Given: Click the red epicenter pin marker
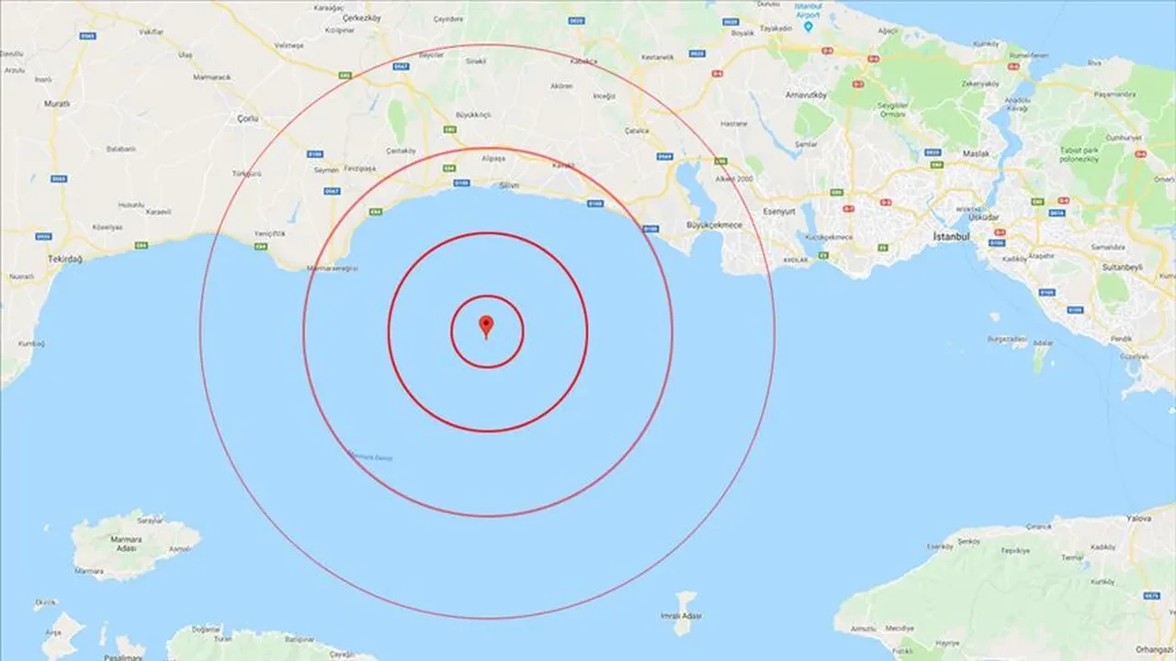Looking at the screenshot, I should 486,325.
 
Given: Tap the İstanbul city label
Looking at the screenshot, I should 951,236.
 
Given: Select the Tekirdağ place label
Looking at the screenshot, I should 64,259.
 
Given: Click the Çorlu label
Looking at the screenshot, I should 248,118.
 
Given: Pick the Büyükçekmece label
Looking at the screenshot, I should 713,225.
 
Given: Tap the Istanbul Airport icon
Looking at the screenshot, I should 808,26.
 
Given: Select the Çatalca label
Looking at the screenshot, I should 636,130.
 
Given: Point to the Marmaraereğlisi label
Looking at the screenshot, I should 334,268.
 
